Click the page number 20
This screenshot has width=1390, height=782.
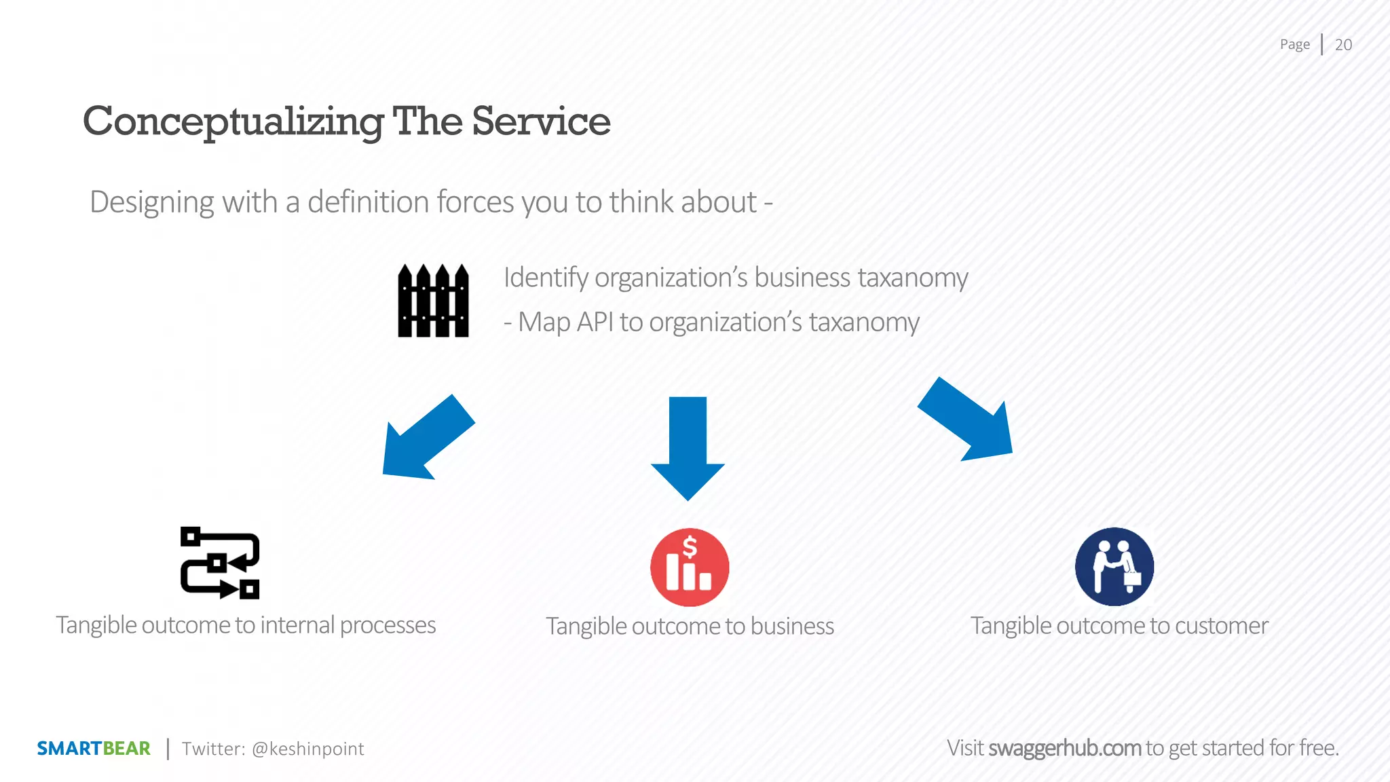[x=1343, y=45]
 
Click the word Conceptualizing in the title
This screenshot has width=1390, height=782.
[x=233, y=122]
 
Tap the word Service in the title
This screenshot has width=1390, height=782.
[x=541, y=122]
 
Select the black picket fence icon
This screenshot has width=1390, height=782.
[x=433, y=301]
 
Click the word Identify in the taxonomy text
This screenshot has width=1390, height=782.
[x=546, y=278]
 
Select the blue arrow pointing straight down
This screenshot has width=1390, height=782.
[x=688, y=448]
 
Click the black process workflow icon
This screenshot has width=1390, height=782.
[x=220, y=563]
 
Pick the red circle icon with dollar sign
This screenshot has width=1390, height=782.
[x=690, y=567]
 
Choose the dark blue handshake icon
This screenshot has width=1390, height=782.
[x=1114, y=567]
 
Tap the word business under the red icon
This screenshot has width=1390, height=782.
[x=792, y=627]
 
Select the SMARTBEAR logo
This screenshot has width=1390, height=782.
[x=94, y=749]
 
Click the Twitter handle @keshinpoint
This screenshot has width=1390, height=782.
[x=307, y=749]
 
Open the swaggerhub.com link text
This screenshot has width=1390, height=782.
[x=1064, y=748]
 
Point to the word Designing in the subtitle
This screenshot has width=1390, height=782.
[x=152, y=203]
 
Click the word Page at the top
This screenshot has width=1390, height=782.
[x=1294, y=45]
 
